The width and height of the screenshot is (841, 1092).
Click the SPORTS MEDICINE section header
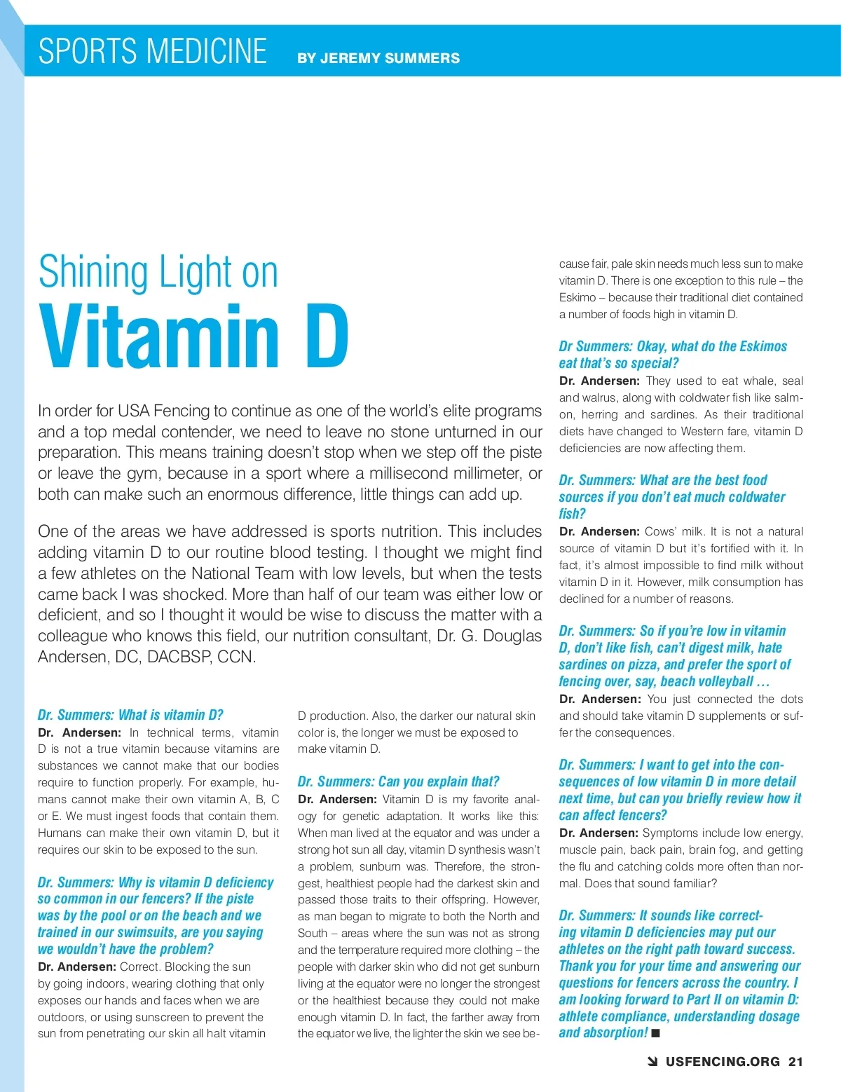[152, 51]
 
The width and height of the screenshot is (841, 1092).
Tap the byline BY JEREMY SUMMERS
[378, 58]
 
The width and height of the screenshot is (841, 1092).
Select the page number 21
[795, 1062]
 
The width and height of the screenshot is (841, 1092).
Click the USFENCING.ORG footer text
[723, 1062]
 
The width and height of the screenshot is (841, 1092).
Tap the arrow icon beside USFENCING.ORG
[652, 1062]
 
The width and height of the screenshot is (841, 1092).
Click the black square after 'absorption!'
[656, 1033]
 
